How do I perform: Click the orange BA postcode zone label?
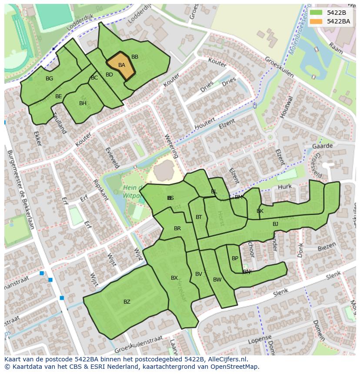coord(122,65)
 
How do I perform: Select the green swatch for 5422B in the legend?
coord(316,13)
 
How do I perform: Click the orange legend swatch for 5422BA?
coord(316,21)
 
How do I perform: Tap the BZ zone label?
coord(127,302)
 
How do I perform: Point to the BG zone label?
coord(49,79)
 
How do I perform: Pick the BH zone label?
coord(83,103)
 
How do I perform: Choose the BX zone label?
coord(174,278)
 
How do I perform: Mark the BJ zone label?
coord(275,224)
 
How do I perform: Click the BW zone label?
coord(217,280)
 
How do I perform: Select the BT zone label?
coord(199,217)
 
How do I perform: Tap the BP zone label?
coord(235,258)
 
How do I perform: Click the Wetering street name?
coord(171,146)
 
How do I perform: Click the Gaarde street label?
coord(322,146)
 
